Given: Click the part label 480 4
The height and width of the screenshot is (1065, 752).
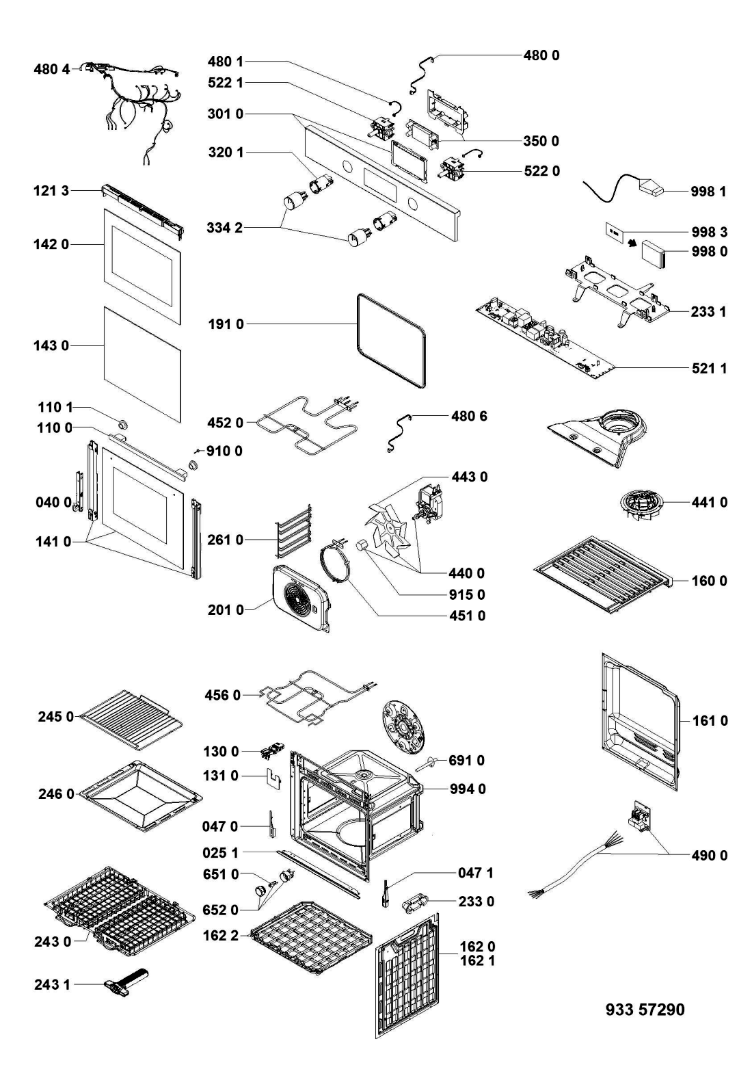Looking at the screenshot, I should (52, 69).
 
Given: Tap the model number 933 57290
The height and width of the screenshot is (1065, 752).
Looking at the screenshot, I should (645, 1009).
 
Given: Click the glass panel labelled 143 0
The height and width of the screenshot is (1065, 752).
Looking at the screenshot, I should (142, 363).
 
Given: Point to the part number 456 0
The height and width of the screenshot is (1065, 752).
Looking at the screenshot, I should (223, 696).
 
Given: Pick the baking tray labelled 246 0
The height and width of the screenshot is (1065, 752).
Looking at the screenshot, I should (141, 796).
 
